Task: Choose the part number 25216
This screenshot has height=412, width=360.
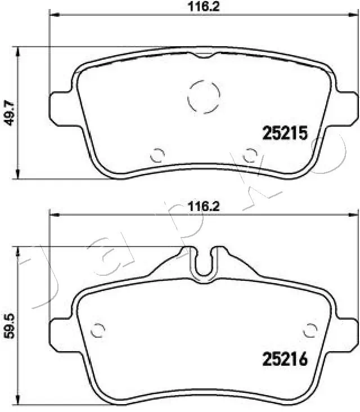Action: click(285, 358)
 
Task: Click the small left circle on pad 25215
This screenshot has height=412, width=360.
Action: click(157, 154)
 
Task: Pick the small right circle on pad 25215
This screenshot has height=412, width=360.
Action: click(250, 154)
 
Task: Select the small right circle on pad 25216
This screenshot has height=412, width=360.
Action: click(309, 329)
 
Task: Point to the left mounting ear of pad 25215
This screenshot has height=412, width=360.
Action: click(60, 107)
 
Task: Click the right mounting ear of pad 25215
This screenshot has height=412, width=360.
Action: click(346, 107)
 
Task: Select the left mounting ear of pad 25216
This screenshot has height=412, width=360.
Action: click(60, 332)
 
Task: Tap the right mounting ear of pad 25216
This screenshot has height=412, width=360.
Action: click(346, 332)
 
